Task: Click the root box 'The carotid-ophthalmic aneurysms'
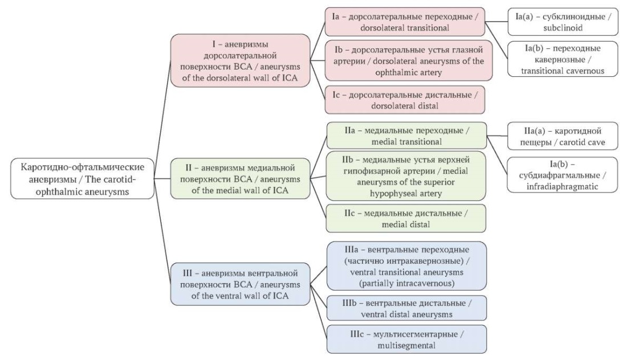coord(83,179)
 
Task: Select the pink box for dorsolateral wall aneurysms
coord(240,60)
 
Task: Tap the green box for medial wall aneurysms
coord(240,179)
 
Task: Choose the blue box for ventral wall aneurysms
coord(240,284)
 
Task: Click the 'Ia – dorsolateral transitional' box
coord(405,22)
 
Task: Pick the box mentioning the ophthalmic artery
coord(408,61)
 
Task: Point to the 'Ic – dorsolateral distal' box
coord(405,100)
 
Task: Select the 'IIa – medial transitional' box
coord(406,136)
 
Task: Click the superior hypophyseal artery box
coord(406,176)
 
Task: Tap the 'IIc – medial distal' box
coord(406,218)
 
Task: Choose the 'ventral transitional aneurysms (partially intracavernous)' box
coord(406,265)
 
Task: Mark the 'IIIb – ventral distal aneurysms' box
coord(406,308)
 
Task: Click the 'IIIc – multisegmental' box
coord(406,339)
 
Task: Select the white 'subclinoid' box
coord(563,22)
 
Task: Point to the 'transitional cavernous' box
coord(563,59)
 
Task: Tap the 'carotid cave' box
coord(563,136)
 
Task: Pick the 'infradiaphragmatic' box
coord(562,175)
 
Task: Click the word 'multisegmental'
coord(406,345)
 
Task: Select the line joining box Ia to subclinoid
coord(496,22)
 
